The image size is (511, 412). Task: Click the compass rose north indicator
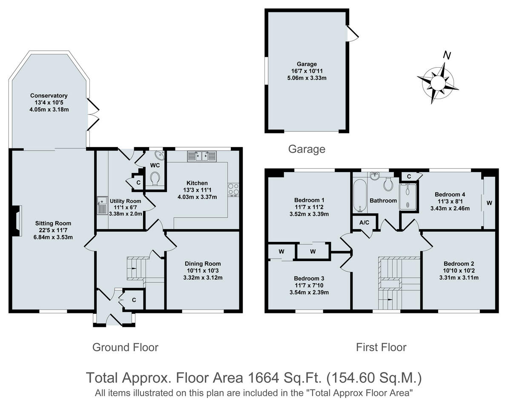[x=447, y=55]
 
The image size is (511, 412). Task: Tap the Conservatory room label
[x=49, y=96]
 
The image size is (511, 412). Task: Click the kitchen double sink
[x=202, y=156]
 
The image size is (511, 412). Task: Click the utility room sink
[x=101, y=206]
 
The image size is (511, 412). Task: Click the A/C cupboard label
[x=364, y=222]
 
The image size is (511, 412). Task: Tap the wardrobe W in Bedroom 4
[x=489, y=203]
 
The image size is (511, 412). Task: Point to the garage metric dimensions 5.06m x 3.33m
[x=306, y=78]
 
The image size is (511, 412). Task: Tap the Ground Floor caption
[x=125, y=347]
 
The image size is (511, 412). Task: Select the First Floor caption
[x=381, y=347]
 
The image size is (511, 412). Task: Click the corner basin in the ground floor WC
[x=158, y=155]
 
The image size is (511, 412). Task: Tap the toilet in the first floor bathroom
[x=388, y=184]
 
